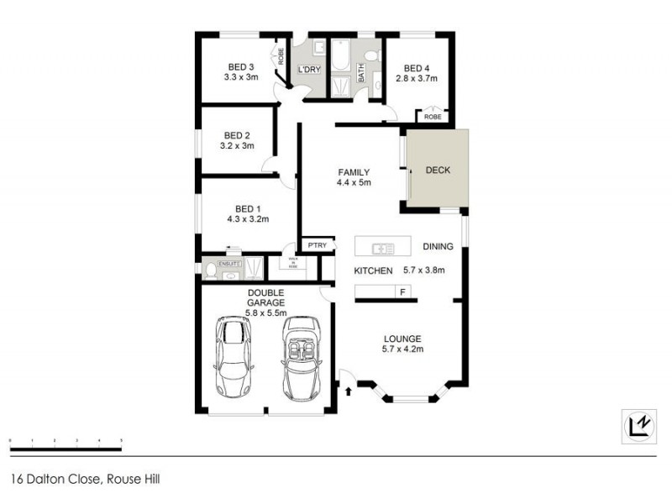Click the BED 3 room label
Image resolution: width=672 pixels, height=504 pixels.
point(240,67)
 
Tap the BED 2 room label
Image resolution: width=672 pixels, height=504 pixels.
point(237,134)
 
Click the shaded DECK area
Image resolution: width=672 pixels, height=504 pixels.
point(438,170)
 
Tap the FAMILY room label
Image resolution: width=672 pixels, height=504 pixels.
point(353,172)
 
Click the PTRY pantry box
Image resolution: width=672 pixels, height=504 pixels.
point(317,245)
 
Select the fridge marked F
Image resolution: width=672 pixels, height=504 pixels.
point(403,291)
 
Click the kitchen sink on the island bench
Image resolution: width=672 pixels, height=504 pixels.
point(383,247)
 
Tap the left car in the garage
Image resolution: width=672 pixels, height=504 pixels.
point(234,356)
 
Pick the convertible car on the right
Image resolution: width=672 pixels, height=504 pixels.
point(302,356)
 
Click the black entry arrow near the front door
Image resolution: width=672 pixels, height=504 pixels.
point(349,389)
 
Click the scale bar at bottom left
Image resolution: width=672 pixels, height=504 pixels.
point(66,439)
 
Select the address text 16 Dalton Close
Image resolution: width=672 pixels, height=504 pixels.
point(84,480)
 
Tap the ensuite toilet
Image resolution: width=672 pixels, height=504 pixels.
point(209,270)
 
